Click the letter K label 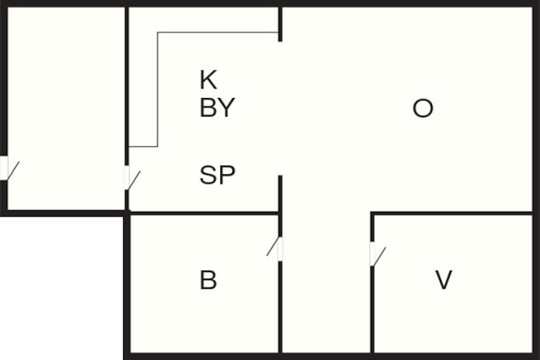[x=208, y=80]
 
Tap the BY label [x=217, y=107]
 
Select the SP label [x=217, y=175]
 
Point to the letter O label [x=423, y=108]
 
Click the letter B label [x=208, y=280]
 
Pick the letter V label [x=444, y=280]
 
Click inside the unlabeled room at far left [x=66, y=104]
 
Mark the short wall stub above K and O [x=280, y=24]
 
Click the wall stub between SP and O [x=280, y=194]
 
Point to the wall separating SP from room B [x=204, y=214]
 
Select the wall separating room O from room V [x=452, y=214]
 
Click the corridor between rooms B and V [x=326, y=282]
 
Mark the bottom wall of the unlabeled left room [x=63, y=213]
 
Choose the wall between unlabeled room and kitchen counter [x=127, y=86]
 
